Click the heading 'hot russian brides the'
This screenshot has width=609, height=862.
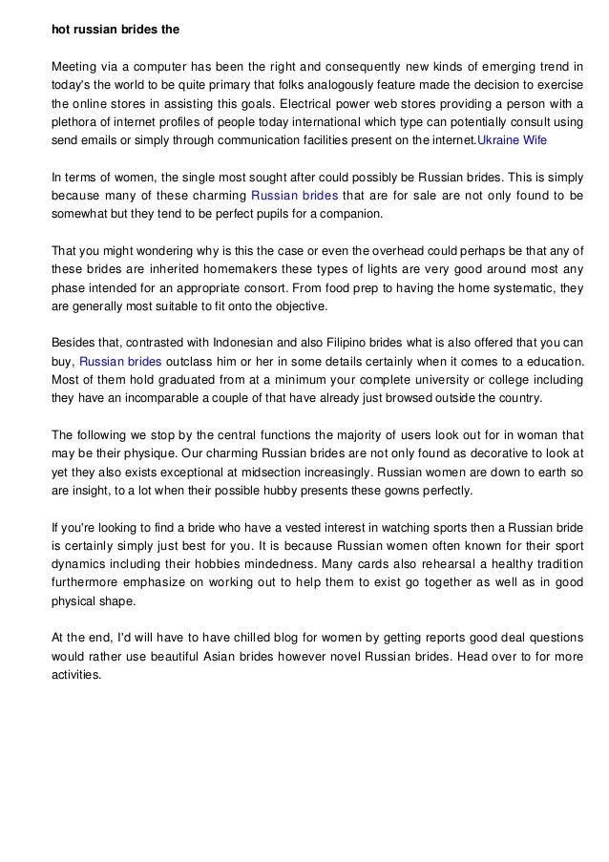(x=115, y=29)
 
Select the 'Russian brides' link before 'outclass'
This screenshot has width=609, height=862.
(x=120, y=362)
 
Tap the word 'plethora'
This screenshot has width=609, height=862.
(x=75, y=121)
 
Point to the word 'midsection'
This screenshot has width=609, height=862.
(x=296, y=473)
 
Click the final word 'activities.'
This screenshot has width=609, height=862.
(x=75, y=675)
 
